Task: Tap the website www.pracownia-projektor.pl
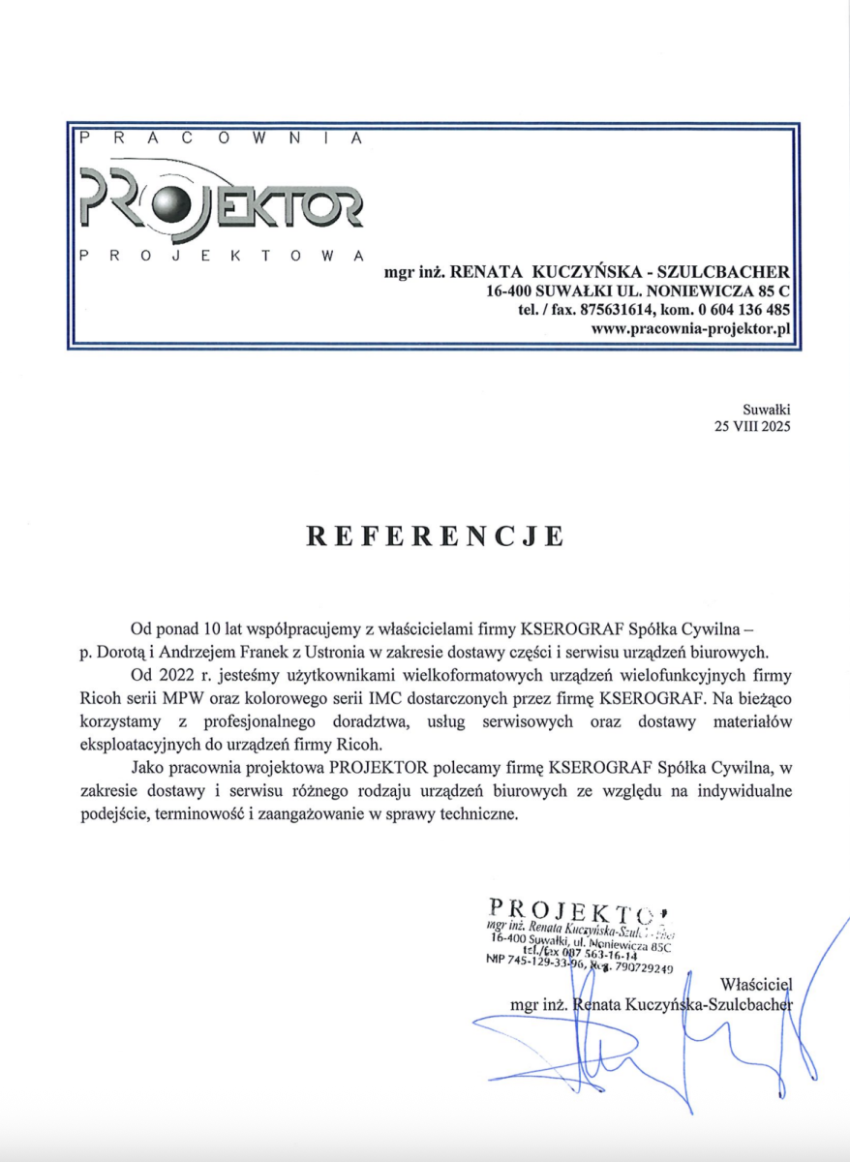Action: point(691,329)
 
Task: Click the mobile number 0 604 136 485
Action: point(747,310)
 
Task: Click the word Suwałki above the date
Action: point(768,410)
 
